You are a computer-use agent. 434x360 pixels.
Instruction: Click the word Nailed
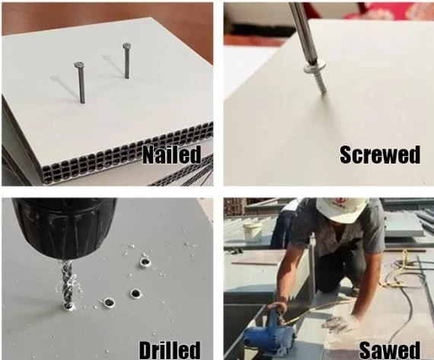171,155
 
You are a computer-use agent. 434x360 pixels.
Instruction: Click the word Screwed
380,155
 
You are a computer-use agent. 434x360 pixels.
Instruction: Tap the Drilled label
170,350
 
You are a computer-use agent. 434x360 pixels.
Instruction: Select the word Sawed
390,351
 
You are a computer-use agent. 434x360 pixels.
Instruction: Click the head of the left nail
79,65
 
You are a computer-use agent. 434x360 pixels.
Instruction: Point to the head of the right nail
126,46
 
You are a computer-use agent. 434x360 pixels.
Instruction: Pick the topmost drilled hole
145,262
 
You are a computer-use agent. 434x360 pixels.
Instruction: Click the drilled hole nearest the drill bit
109,302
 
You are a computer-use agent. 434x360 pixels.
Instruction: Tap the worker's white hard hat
340,209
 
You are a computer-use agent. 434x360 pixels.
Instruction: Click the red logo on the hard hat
339,202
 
